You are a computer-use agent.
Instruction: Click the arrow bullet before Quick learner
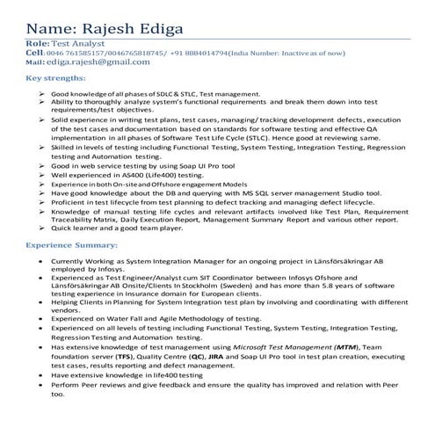42,227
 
